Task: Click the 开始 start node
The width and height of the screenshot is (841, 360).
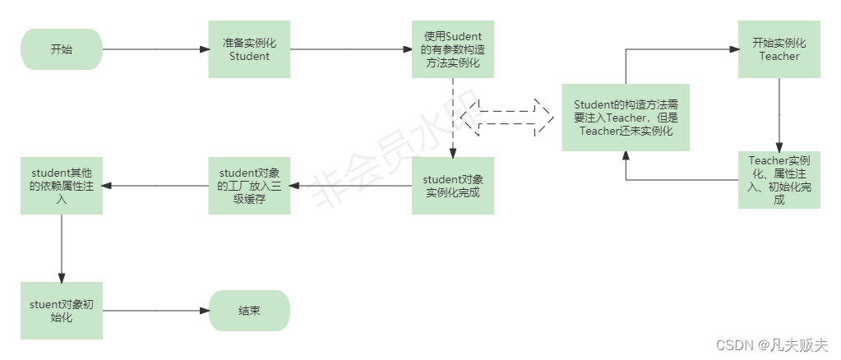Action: tap(62, 49)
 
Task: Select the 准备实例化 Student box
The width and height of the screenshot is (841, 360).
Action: tap(249, 49)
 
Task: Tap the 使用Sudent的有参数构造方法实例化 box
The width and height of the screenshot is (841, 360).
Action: tap(453, 49)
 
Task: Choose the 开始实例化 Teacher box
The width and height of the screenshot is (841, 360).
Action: tap(779, 49)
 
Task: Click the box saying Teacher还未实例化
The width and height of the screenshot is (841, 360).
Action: tap(625, 117)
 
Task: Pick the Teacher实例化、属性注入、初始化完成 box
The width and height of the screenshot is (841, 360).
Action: tap(779, 180)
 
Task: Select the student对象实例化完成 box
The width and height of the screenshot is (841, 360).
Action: tap(453, 186)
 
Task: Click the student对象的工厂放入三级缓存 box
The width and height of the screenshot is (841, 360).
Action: tap(249, 186)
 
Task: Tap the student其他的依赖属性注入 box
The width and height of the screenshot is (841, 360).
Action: tap(62, 186)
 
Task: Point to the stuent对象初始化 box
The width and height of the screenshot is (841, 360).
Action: tap(62, 311)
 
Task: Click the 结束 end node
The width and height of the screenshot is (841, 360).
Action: tap(249, 311)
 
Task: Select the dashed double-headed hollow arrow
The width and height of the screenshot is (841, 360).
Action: tap(507, 118)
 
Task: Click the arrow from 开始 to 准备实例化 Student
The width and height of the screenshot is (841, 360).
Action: tap(155, 49)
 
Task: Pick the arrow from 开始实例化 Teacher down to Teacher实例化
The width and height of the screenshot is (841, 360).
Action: tap(779, 114)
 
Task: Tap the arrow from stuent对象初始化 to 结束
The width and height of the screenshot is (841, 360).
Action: tap(155, 311)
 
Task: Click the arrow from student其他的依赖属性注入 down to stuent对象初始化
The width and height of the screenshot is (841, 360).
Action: tap(62, 247)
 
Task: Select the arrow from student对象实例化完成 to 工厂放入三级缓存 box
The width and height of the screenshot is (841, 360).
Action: tap(351, 186)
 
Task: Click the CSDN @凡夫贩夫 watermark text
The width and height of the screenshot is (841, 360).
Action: tap(772, 345)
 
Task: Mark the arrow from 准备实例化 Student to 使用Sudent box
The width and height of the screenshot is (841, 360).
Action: tap(351, 49)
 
